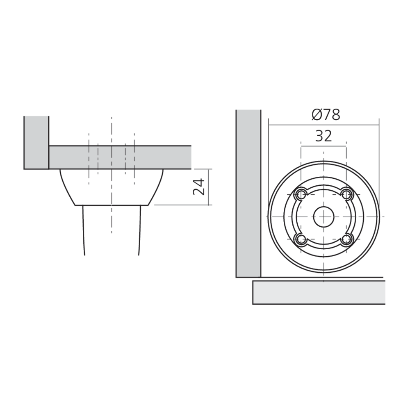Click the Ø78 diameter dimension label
pos(326,115)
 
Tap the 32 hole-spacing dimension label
pos(323,136)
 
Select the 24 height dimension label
pos(199,187)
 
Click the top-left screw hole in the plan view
pos(301,194)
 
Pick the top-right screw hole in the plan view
pos(346,194)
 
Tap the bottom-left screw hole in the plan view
pos(301,239)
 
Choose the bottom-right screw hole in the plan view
pos(346,239)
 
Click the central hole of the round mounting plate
pos(324,217)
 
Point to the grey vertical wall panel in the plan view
pos(248,194)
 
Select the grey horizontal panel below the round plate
pos(319,292)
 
